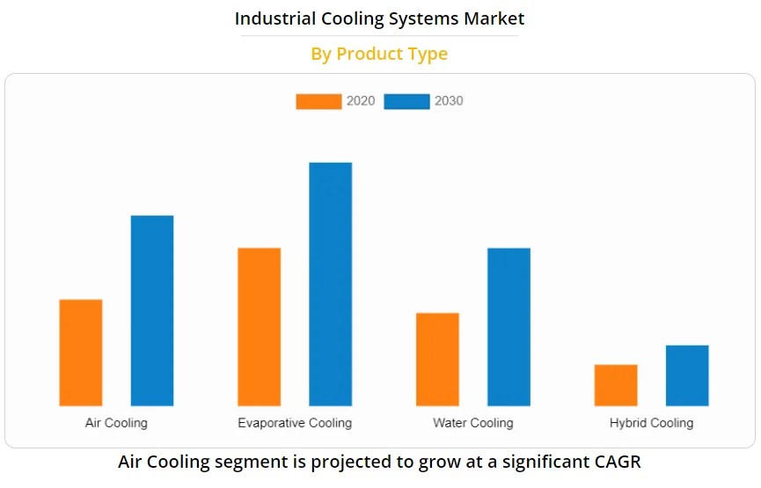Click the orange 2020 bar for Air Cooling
tap(81, 353)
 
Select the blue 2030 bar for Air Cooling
tap(152, 310)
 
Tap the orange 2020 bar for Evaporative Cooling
tap(260, 327)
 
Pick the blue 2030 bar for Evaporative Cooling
tap(331, 284)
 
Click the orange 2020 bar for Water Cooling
tap(437, 360)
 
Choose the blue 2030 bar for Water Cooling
tap(509, 327)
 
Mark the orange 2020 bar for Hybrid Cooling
tap(616, 385)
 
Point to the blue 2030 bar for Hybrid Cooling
tap(687, 375)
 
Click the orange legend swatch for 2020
tap(318, 101)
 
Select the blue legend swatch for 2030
tap(406, 101)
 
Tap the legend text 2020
tap(361, 101)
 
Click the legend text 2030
tap(449, 101)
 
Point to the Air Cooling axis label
tap(116, 423)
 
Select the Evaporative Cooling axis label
tap(295, 423)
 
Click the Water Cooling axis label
tap(472, 423)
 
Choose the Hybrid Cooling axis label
tap(651, 423)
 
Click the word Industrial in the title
tap(273, 18)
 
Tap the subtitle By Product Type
tap(379, 54)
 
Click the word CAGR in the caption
tap(616, 462)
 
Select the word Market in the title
tap(494, 18)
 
